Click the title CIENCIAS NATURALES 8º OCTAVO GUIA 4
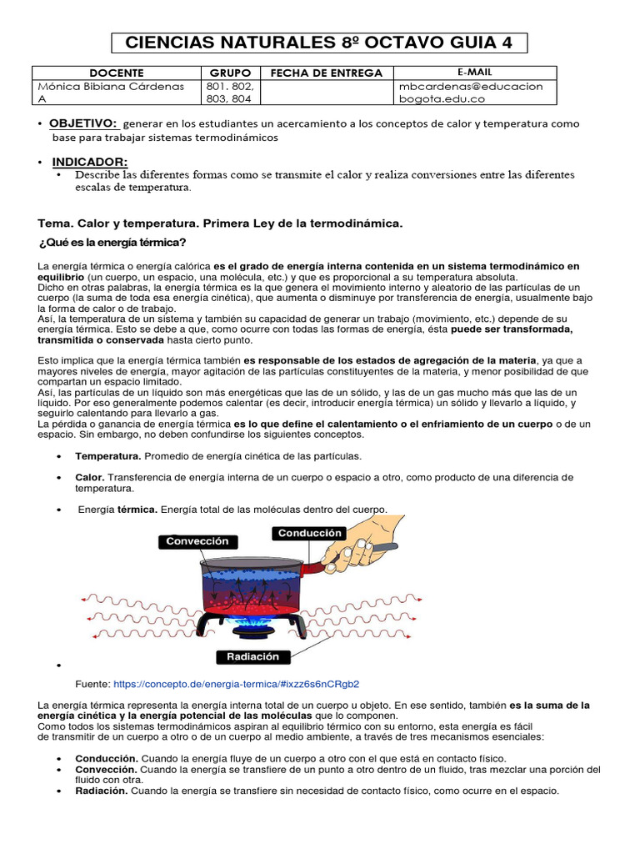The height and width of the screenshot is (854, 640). pyautogui.click(x=319, y=43)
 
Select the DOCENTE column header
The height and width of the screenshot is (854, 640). pyautogui.click(x=116, y=73)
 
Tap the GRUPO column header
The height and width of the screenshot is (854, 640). pyautogui.click(x=230, y=73)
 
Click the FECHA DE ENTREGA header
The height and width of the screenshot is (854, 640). pyautogui.click(x=327, y=73)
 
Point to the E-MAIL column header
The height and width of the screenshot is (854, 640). pyautogui.click(x=474, y=73)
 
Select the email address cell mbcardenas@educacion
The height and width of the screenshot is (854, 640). pyautogui.click(x=471, y=87)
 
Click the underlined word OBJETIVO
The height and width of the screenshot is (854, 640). pyautogui.click(x=84, y=123)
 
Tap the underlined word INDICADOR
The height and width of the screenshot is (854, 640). pyautogui.click(x=90, y=161)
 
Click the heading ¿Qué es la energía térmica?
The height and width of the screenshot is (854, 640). pyautogui.click(x=112, y=243)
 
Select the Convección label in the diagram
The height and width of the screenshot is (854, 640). pyautogui.click(x=197, y=541)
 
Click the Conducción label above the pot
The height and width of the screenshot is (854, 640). pyautogui.click(x=310, y=533)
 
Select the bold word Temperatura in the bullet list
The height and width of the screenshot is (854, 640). pyautogui.click(x=108, y=456)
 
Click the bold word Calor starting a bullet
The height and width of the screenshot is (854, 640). pyautogui.click(x=89, y=477)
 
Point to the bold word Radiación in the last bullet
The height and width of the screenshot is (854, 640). pyautogui.click(x=101, y=791)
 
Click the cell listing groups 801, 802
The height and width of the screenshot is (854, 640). pyautogui.click(x=230, y=87)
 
